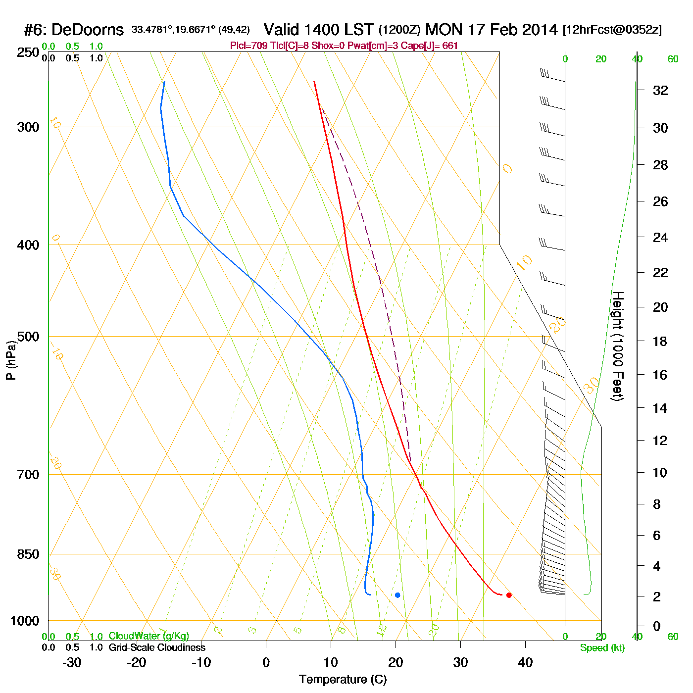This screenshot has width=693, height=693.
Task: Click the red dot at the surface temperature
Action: [x=509, y=595]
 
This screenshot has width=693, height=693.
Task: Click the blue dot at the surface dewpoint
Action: [x=397, y=595]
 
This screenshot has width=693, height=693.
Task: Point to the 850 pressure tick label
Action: [x=28, y=554]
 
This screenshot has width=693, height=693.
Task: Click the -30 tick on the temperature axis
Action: [x=72, y=662]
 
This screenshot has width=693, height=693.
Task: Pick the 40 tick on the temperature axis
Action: [x=525, y=662]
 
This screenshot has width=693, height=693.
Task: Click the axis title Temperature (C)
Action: [x=343, y=680]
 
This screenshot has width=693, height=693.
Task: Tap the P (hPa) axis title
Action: [x=11, y=360]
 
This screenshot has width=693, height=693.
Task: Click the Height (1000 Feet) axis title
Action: [x=618, y=346]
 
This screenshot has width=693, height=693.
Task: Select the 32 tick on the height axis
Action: [x=660, y=91]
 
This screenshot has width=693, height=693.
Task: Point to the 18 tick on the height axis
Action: [x=660, y=341]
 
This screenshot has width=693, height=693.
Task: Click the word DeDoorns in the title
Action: [x=88, y=30]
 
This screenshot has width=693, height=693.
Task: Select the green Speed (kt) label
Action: [x=602, y=648]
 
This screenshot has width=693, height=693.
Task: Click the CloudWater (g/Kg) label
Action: [x=148, y=636]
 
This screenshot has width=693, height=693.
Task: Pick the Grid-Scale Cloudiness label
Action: [x=157, y=647]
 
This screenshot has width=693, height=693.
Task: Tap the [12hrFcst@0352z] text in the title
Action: [x=612, y=30]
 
